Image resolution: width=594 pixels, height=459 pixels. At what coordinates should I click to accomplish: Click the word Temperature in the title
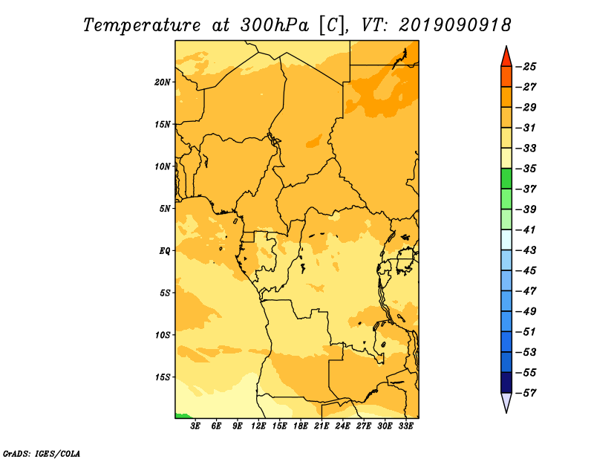(x=142, y=25)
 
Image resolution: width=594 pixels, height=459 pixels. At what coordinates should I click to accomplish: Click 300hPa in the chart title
(x=275, y=25)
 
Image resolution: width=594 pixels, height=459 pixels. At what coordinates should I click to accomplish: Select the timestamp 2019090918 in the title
(x=455, y=25)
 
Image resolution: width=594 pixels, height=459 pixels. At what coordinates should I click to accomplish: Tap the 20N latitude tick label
(x=163, y=82)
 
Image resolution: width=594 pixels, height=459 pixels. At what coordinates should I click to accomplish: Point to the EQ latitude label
(x=164, y=251)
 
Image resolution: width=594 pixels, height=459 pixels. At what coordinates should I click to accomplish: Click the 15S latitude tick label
(x=163, y=377)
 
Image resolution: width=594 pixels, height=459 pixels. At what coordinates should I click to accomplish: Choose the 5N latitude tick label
(x=165, y=209)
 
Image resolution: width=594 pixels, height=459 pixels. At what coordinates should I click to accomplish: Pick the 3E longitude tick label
(x=195, y=426)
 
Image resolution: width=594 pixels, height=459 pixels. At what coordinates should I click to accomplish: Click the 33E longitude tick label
(x=405, y=426)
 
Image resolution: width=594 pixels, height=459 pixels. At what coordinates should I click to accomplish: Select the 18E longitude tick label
(x=301, y=426)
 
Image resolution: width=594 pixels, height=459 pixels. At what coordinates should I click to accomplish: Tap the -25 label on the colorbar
(x=526, y=67)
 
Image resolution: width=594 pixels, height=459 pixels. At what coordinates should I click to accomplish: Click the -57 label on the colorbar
(x=526, y=393)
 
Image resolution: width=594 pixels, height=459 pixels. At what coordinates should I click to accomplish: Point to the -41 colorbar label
(x=526, y=230)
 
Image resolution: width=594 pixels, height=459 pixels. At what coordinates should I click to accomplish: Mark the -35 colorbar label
(x=526, y=169)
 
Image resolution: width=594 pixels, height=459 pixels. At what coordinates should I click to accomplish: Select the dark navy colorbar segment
(x=506, y=382)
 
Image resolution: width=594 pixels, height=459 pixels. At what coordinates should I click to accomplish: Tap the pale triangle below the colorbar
(x=506, y=402)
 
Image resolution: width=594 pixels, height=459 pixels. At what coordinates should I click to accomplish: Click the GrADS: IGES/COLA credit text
(x=42, y=453)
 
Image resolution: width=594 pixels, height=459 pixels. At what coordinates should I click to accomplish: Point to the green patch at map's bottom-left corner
(x=182, y=416)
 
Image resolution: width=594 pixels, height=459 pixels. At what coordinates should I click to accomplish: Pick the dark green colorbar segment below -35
(x=506, y=178)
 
